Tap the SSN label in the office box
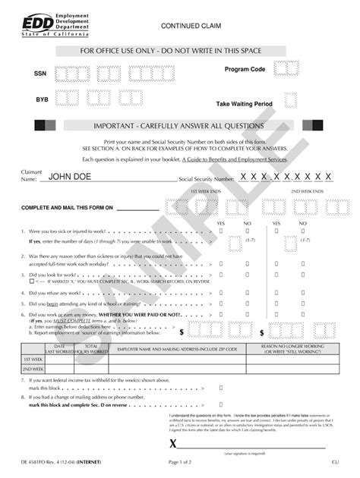(39, 74)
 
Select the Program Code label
(245, 69)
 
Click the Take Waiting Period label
(244, 103)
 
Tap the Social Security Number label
(207, 179)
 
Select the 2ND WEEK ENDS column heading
(307, 192)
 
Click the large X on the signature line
(173, 444)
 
